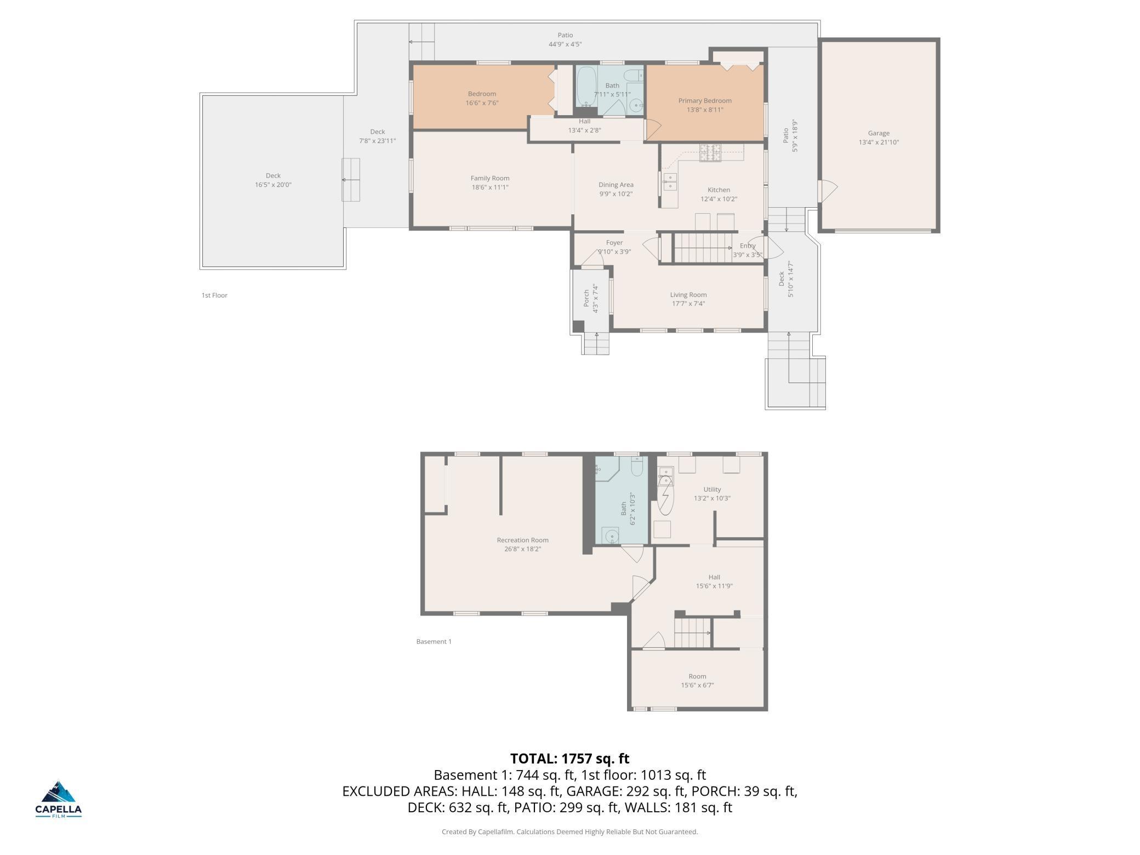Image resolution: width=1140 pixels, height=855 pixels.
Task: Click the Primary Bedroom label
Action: click(704, 101)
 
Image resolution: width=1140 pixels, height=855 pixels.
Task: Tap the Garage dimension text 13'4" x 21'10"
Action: click(879, 142)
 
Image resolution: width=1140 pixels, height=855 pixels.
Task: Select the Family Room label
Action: click(489, 178)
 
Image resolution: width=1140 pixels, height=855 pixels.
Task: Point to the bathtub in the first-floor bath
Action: click(586, 87)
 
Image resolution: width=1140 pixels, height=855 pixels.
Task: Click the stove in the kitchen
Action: click(710, 152)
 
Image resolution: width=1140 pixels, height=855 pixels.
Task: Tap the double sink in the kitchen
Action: click(669, 182)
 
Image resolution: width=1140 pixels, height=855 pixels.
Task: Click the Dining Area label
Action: click(615, 185)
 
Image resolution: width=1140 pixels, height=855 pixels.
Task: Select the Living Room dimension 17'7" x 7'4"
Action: click(688, 304)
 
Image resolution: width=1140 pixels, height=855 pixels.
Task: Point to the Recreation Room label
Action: click(522, 540)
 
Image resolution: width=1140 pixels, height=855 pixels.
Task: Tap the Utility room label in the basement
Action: click(712, 489)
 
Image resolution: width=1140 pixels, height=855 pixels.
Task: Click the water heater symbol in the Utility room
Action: click(665, 495)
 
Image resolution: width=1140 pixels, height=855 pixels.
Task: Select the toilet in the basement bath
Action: click(637, 466)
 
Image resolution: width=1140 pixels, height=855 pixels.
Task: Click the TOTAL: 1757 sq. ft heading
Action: click(569, 759)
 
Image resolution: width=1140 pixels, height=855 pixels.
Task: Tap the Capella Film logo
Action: click(58, 799)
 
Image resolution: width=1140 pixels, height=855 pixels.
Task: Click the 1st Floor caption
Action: click(214, 295)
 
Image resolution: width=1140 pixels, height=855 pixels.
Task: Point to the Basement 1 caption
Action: click(434, 641)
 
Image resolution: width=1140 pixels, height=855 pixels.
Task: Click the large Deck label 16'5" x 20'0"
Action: click(273, 180)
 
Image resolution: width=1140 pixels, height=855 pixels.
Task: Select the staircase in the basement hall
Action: click(692, 632)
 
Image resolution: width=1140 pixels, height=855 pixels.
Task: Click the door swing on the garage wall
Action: click(828, 191)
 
